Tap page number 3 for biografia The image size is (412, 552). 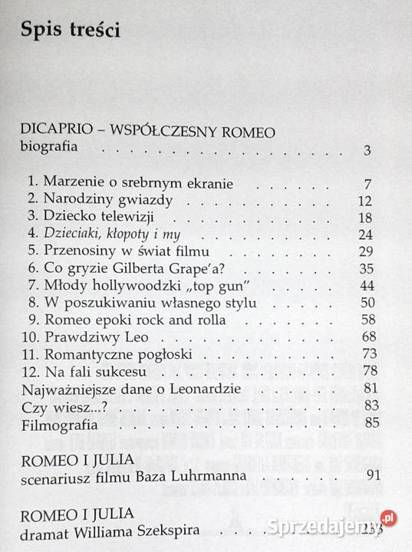(368, 150)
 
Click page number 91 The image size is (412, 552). (374, 475)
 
